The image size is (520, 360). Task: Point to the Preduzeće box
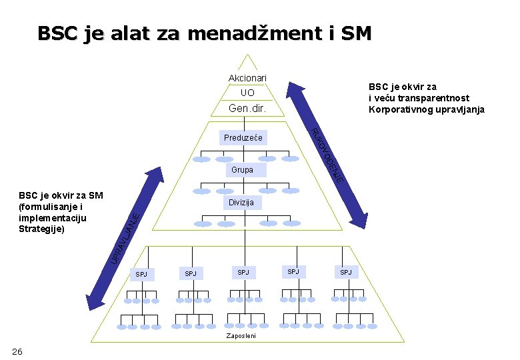(243, 138)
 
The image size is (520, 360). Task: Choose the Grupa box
(242, 170)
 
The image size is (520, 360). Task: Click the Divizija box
(241, 202)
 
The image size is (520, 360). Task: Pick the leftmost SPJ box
(141, 274)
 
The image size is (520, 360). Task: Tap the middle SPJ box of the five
(243, 272)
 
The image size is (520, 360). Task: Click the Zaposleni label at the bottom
(241, 335)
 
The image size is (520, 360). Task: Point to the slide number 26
(17, 351)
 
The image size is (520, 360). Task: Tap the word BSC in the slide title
(57, 33)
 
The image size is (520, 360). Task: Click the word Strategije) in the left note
(41, 229)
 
